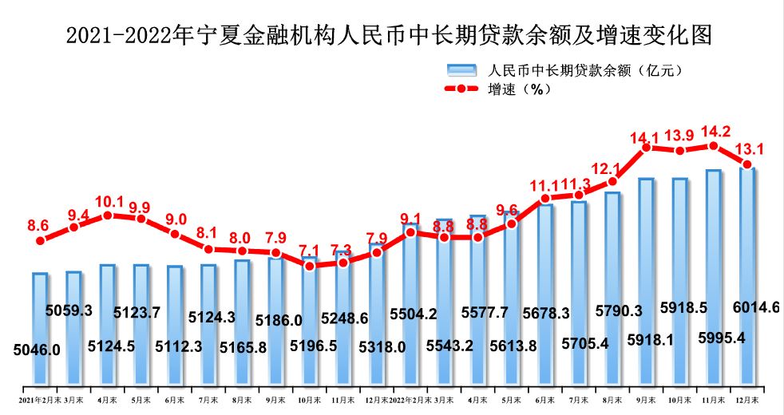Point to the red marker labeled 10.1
pos(108,215)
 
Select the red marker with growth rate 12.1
pos(612,181)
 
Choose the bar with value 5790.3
pos(612,287)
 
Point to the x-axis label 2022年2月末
pos(410,397)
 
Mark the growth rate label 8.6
pos(38,226)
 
